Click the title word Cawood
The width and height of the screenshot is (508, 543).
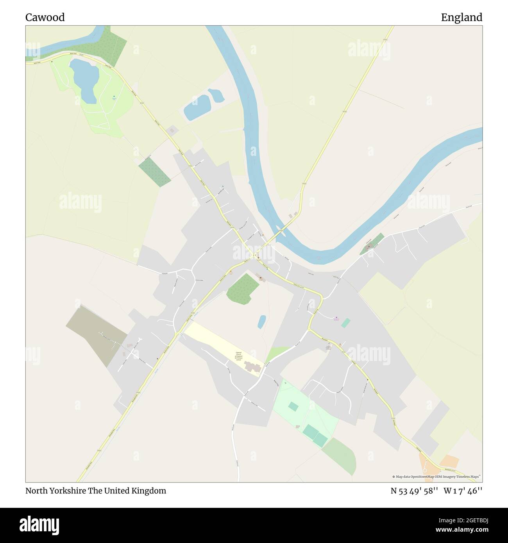tap(45, 18)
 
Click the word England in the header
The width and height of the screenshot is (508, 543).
tap(461, 18)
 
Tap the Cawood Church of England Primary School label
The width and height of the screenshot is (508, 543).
tap(239, 356)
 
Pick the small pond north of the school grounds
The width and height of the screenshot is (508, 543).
tap(262, 322)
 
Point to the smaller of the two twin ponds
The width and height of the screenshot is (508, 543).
tap(216, 95)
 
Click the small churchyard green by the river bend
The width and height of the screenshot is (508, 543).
tap(372, 244)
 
